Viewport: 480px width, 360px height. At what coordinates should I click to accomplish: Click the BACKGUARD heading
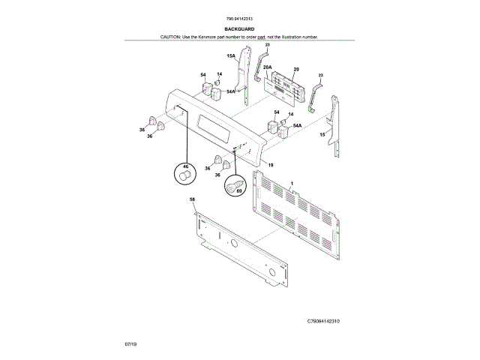click(x=239, y=28)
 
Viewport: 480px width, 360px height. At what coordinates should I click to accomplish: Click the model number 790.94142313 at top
click(x=239, y=19)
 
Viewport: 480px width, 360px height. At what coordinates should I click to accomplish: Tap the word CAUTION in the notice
click(x=171, y=36)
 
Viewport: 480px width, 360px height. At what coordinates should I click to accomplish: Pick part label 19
click(x=270, y=164)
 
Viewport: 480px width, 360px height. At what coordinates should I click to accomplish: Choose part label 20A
click(x=267, y=68)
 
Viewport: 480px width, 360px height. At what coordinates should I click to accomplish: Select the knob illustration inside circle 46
click(x=184, y=175)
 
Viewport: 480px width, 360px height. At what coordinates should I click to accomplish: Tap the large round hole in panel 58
click(x=233, y=245)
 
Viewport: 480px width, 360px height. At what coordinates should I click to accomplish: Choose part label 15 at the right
click(x=322, y=135)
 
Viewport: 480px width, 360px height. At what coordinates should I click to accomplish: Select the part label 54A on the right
click(x=298, y=126)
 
